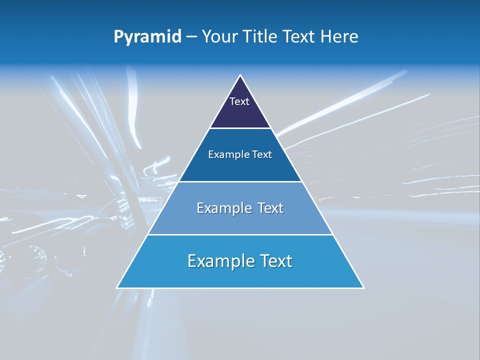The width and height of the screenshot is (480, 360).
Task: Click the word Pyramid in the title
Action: click(147, 37)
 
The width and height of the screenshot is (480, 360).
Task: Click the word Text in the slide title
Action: click(300, 37)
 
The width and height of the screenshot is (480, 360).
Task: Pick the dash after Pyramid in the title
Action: click(191, 37)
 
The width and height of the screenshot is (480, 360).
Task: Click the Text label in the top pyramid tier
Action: click(239, 101)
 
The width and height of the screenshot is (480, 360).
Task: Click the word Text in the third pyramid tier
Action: click(270, 208)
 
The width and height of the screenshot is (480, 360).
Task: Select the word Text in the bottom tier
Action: click(275, 261)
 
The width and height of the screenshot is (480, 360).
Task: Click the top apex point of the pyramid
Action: click(240, 75)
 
